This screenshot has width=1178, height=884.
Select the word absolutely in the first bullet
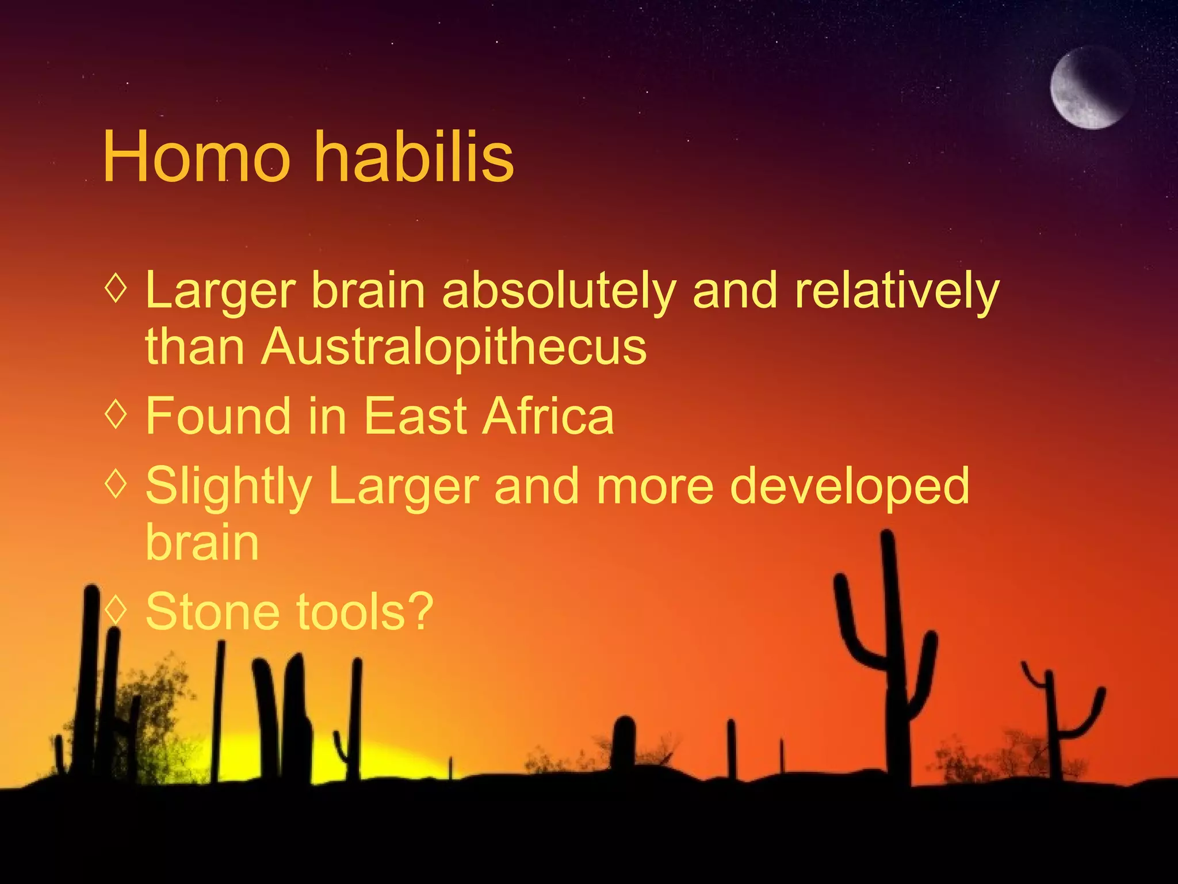558,291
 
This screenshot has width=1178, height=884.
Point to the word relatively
897,291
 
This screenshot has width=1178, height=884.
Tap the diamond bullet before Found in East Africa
116,414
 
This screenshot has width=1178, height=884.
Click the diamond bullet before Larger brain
116,288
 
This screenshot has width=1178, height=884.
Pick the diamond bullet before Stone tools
116,610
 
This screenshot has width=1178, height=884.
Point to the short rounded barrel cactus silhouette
623,742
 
